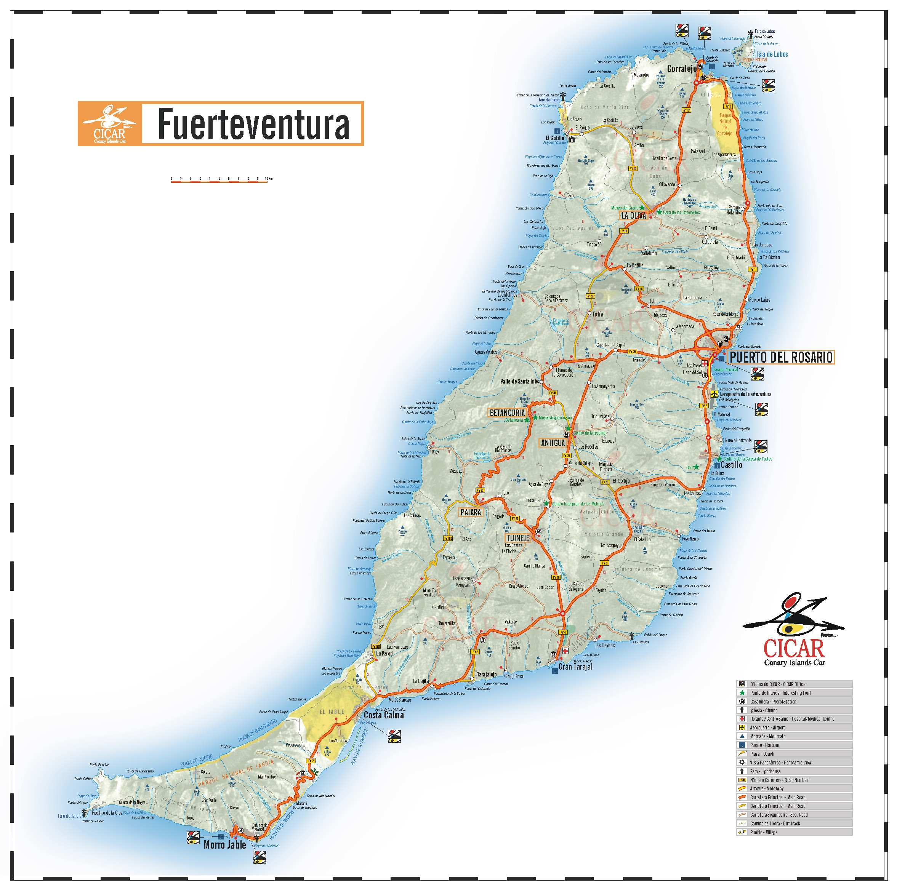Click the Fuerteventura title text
pyautogui.click(x=253, y=124)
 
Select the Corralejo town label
pyautogui.click(x=682, y=69)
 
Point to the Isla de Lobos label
pyautogui.click(x=772, y=54)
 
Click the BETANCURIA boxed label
pyautogui.click(x=507, y=413)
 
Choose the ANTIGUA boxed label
pyautogui.click(x=553, y=443)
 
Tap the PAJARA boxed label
pyautogui.click(x=470, y=512)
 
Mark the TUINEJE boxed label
pyautogui.click(x=518, y=538)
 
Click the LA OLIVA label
pyautogui.click(x=634, y=216)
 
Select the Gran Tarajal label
pyautogui.click(x=575, y=667)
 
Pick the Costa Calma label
pyautogui.click(x=383, y=715)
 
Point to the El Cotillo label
pyautogui.click(x=555, y=138)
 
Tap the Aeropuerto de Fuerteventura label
pyautogui.click(x=745, y=394)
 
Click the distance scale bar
pyautogui.click(x=219, y=181)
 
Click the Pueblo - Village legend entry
pyautogui.click(x=763, y=832)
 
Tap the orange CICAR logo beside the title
pyautogui.click(x=110, y=124)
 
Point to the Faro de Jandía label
pyautogui.click(x=69, y=816)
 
